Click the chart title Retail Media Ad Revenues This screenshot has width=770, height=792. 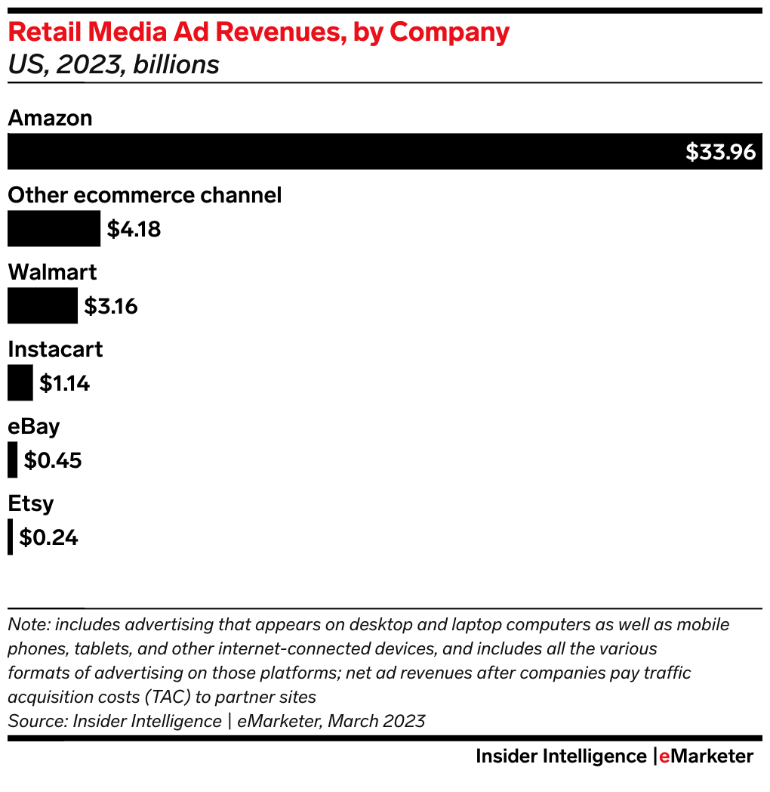(258, 32)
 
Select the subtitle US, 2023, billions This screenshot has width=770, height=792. (113, 65)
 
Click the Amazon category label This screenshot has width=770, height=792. (50, 118)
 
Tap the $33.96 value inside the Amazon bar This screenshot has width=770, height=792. (720, 152)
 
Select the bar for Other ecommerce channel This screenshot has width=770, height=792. (54, 228)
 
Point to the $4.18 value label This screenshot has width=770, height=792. (134, 229)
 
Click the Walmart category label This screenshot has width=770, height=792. (52, 272)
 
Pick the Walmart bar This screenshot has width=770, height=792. (42, 305)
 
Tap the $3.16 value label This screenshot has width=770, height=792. (110, 306)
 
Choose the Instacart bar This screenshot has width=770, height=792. (20, 382)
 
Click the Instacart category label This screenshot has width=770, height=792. (55, 349)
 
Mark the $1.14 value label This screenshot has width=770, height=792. (64, 384)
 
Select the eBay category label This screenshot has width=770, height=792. (33, 426)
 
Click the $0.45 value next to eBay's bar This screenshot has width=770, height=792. (53, 460)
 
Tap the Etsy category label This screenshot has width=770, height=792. (31, 503)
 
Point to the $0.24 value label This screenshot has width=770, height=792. (48, 537)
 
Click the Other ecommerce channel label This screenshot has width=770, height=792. (144, 195)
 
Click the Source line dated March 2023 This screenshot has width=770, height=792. (216, 720)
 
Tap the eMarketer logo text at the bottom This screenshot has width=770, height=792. (705, 756)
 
